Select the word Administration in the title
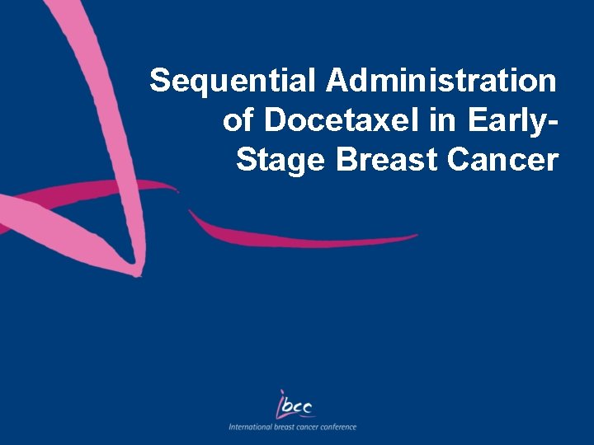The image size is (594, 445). click(x=441, y=82)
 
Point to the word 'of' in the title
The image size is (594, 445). click(x=238, y=120)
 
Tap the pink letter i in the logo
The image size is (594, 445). click(x=281, y=403)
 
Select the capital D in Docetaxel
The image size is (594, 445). click(x=275, y=120)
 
